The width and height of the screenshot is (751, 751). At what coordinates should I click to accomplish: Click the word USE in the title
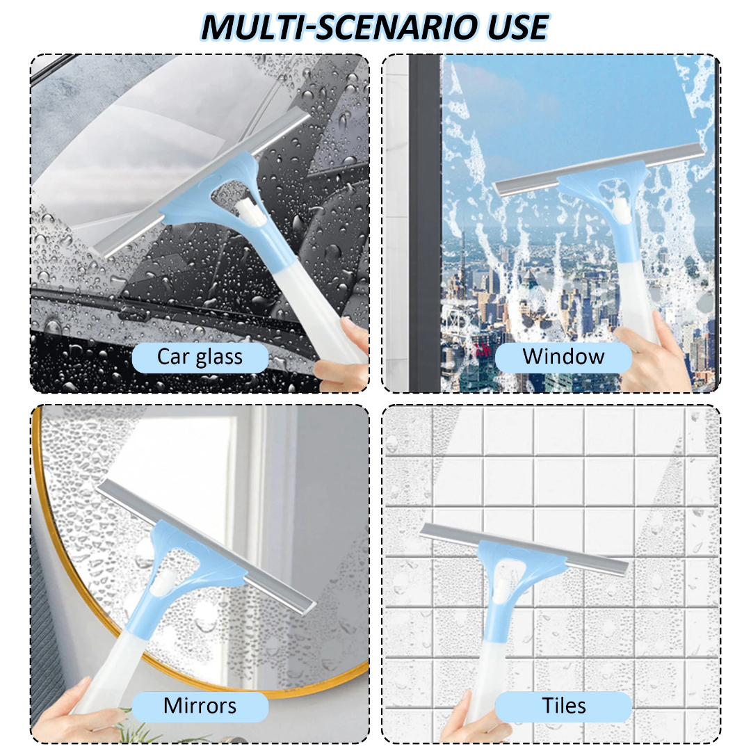[517, 27]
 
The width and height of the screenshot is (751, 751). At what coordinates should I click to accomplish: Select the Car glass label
[200, 357]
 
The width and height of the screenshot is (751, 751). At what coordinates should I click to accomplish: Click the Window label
[563, 357]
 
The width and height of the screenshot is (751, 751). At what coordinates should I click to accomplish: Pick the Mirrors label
[200, 706]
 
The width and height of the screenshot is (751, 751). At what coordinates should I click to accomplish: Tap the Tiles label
[563, 706]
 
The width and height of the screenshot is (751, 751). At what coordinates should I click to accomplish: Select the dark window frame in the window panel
[424, 223]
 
